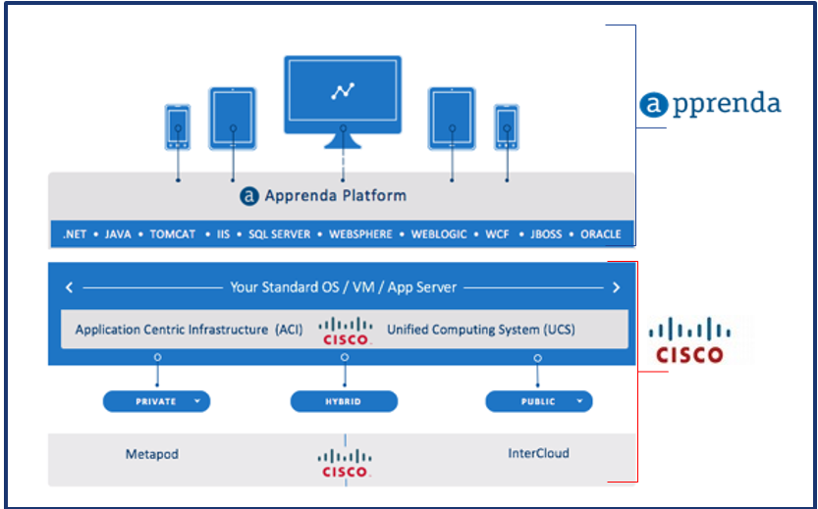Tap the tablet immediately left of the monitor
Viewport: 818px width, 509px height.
232,119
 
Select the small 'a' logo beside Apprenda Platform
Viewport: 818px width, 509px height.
249,196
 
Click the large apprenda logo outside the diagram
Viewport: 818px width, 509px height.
710,104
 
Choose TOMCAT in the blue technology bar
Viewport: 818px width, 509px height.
173,234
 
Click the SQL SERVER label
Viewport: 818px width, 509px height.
280,234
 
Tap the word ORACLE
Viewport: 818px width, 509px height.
600,234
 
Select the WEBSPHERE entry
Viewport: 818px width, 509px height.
359,234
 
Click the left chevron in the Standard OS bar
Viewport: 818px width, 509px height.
69,287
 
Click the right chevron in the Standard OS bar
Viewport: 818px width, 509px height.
616,287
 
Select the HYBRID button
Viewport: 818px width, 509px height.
344,402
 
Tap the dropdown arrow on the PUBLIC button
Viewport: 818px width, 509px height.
579,402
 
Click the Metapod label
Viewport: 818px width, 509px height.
152,454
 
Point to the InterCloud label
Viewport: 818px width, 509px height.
538,453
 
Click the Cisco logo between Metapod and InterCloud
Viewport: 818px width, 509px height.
345,463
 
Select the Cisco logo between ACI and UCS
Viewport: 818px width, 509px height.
345,331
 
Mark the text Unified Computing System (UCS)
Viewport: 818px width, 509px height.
480,330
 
